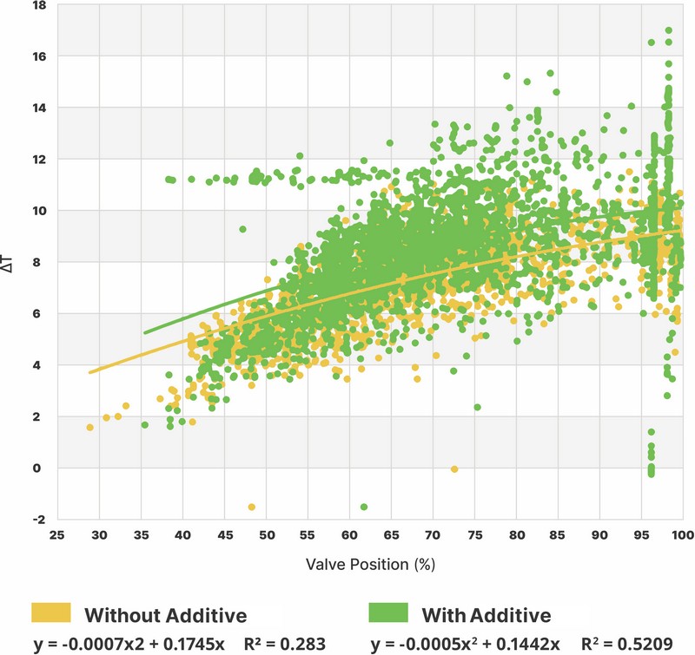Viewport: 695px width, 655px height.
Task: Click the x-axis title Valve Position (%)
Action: [369, 563]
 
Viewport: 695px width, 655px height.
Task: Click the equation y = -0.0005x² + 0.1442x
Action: [465, 643]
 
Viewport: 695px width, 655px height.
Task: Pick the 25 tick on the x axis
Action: [58, 535]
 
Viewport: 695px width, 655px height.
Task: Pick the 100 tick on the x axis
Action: [683, 535]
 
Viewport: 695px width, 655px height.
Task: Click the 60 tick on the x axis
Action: [350, 535]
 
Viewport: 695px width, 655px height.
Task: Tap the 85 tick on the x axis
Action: [558, 535]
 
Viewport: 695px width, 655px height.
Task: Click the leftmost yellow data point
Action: [90, 428]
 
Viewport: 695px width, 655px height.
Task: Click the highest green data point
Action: [668, 30]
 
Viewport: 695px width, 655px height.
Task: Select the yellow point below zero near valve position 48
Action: [251, 507]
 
